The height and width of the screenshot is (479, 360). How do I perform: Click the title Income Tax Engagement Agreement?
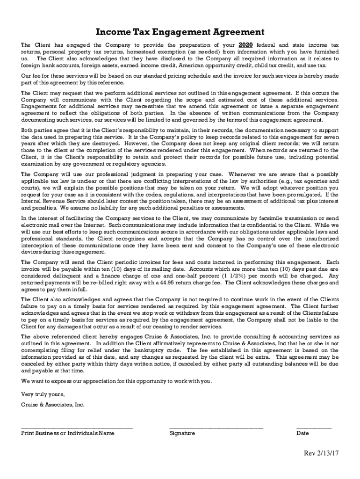tap(180, 32)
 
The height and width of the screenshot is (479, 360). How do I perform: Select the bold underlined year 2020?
tap(246, 45)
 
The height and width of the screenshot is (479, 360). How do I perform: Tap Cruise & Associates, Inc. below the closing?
tap(53, 405)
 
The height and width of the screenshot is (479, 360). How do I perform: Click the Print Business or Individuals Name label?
tap(68, 433)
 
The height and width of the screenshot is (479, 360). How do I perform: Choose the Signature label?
tap(182, 433)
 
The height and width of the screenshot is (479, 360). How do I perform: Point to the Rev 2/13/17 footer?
tap(321, 453)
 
